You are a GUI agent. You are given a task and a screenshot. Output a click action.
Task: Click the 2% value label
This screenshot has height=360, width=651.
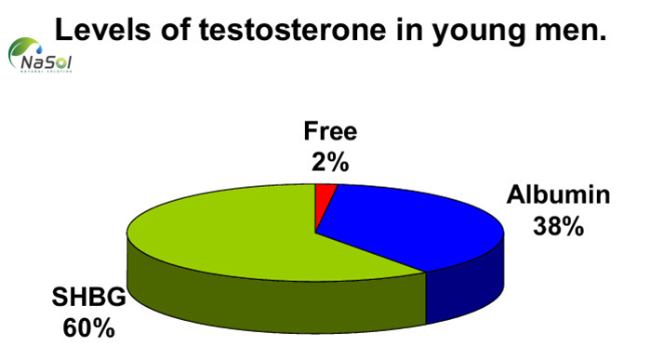click(x=329, y=163)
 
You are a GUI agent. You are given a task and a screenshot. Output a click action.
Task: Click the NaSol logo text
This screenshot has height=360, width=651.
click(x=45, y=63)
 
